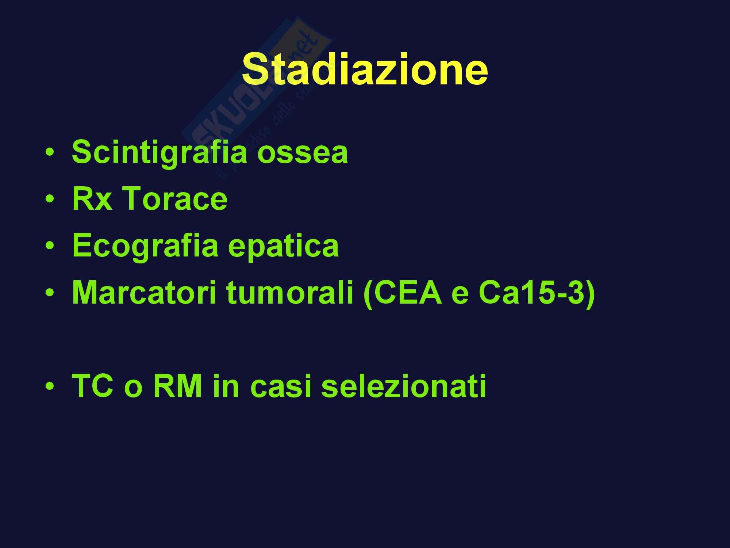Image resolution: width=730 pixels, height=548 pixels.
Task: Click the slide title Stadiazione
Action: (365, 68)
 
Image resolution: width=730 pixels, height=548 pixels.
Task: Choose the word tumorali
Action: (290, 293)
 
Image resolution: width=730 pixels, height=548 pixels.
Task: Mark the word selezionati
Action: (404, 386)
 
